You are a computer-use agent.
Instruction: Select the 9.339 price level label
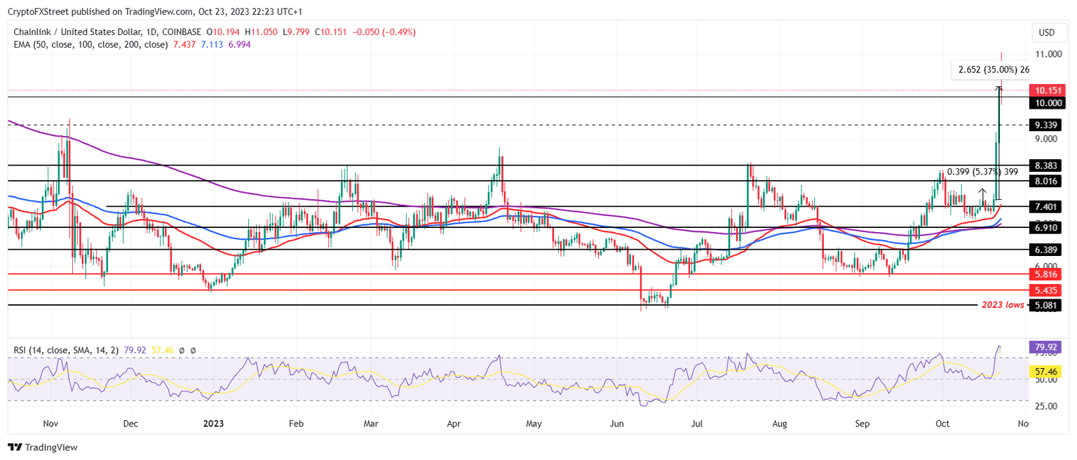point(1046,125)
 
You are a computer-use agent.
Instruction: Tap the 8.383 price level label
point(1046,165)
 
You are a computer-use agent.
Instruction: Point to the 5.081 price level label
point(1046,305)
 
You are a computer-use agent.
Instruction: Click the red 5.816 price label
point(1046,274)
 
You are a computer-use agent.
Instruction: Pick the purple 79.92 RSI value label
point(1046,346)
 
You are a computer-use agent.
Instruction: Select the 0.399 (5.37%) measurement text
point(982,171)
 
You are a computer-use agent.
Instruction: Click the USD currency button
point(1046,32)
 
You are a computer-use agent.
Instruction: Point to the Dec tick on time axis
point(130,424)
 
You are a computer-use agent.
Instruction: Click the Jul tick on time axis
point(697,424)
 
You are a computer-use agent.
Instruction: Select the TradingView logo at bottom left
point(43,447)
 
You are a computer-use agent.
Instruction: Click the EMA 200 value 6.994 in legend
point(240,44)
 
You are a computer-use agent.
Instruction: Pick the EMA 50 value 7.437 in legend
point(184,44)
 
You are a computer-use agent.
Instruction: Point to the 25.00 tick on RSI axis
point(1046,405)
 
